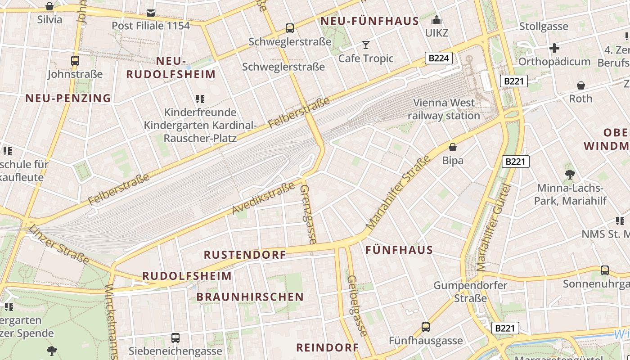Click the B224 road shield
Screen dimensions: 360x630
(438, 58)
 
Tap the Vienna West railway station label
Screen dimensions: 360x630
(444, 109)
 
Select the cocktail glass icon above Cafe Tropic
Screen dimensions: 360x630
(366, 45)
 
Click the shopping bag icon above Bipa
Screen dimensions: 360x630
(453, 147)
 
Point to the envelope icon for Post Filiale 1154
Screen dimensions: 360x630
(151, 13)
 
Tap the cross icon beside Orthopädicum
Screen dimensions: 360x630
(554, 48)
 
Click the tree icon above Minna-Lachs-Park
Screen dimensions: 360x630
(570, 174)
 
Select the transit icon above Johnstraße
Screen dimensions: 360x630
(75, 60)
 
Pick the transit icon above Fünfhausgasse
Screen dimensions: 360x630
(426, 327)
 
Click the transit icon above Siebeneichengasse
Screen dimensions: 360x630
(175, 337)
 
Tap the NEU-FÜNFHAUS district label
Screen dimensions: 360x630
(369, 21)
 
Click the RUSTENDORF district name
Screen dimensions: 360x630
(245, 255)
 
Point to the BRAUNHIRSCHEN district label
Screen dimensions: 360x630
(250, 297)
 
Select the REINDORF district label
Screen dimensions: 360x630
(328, 347)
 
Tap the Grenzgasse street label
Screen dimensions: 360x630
(308, 214)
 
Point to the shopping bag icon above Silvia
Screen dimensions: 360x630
(49, 6)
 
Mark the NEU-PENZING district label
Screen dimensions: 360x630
(68, 98)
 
